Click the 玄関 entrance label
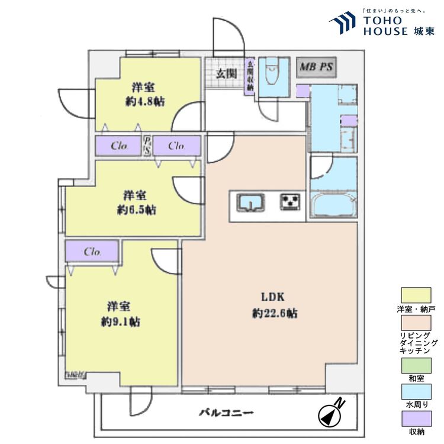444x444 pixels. pos(226,74)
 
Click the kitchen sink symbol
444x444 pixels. pos(251,203)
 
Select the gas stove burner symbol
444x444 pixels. pos(290,203)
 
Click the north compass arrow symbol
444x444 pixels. pos(330,413)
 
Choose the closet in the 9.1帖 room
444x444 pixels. pos(92,252)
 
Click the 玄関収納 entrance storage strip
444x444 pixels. pos(250,76)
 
